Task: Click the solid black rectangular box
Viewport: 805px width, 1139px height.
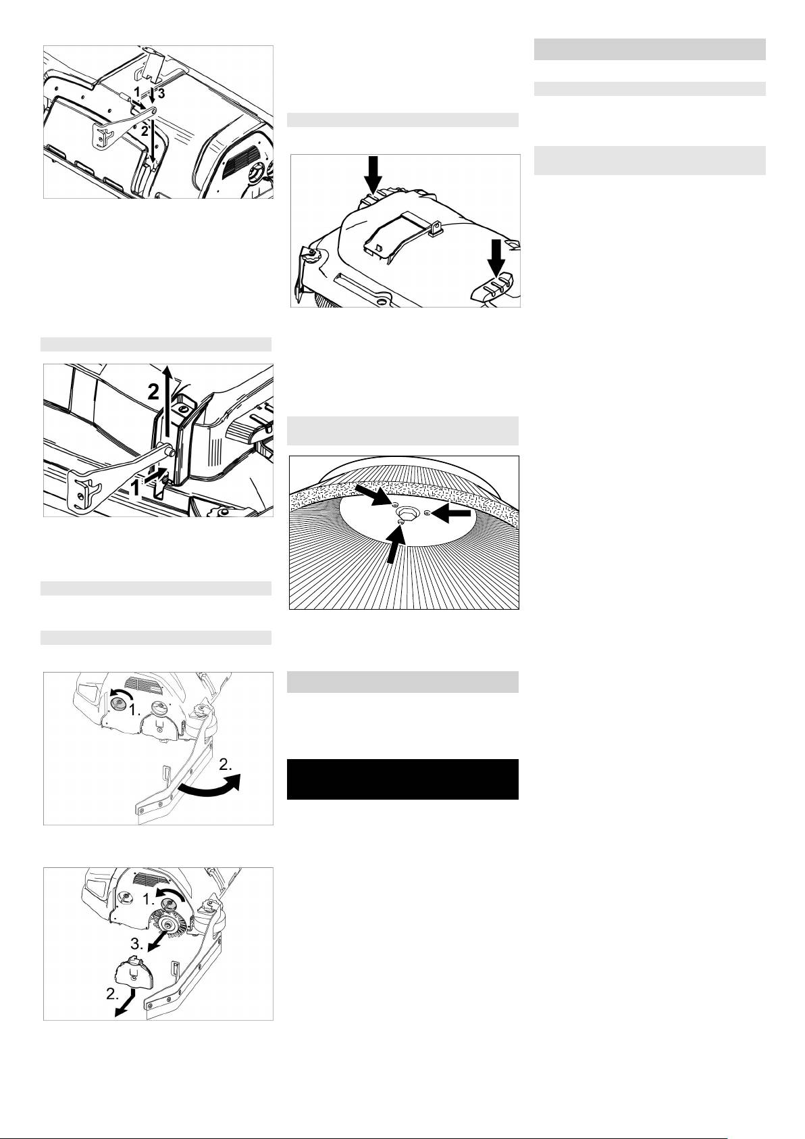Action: (402, 779)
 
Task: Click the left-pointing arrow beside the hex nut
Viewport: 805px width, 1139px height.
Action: (450, 515)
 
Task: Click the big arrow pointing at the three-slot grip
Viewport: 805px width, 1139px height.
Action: (496, 258)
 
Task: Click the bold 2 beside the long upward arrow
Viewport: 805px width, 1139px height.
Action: (153, 391)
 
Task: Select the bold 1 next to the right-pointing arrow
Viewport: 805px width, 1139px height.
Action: (136, 488)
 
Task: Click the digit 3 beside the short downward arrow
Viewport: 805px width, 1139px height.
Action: (161, 93)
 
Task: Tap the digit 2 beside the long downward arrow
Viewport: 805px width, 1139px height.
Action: (145, 130)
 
